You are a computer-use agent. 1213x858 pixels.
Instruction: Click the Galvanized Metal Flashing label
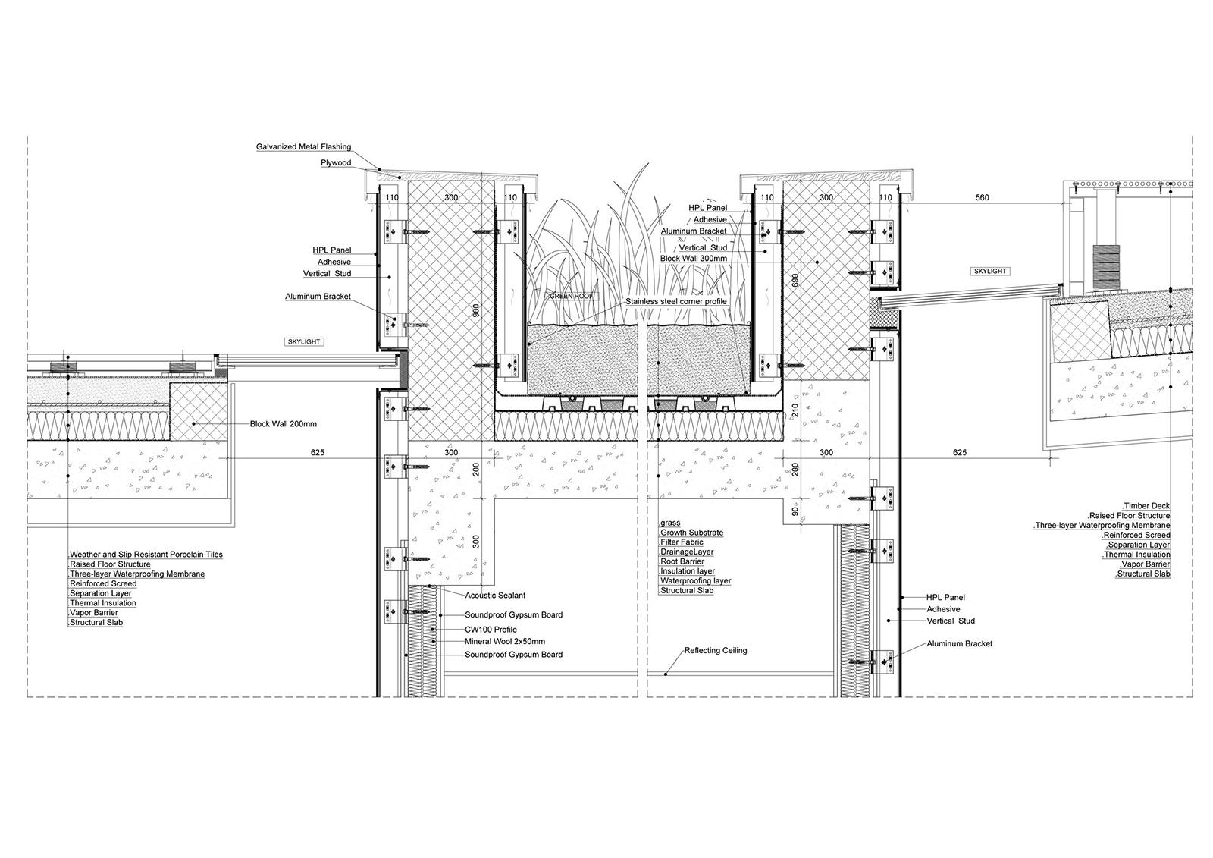point(303,147)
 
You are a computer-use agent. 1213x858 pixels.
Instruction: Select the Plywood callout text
point(336,162)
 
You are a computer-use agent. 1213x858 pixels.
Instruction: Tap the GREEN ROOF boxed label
point(572,297)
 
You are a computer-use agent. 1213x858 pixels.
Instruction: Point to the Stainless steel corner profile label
point(675,301)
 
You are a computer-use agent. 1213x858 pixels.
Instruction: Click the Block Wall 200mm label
point(284,424)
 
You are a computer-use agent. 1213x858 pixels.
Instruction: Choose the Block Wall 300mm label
point(694,259)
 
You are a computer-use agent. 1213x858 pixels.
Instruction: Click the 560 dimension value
point(982,198)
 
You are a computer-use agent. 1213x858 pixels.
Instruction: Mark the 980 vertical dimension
point(476,310)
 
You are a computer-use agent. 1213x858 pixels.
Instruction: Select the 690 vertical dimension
point(795,280)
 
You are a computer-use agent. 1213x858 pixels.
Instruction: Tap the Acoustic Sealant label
point(495,595)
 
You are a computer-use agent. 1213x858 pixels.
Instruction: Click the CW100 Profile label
point(491,629)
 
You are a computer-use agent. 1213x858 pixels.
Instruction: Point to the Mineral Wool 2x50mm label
point(505,641)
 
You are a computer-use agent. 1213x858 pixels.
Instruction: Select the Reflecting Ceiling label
point(716,650)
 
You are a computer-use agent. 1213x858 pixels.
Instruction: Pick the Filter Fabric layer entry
point(682,542)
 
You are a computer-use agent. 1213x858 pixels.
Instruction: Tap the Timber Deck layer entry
point(1146,506)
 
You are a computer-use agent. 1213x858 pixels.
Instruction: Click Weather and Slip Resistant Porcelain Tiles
point(146,555)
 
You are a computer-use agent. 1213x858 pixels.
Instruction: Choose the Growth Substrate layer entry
point(691,533)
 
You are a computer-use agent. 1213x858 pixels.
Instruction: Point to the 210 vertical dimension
point(795,410)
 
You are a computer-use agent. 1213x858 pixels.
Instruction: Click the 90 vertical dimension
point(795,511)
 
